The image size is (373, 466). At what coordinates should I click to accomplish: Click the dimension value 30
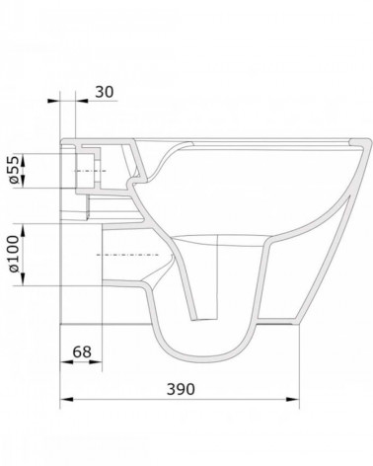pyautogui.click(x=105, y=92)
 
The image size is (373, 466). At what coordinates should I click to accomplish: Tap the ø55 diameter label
pyautogui.click(x=13, y=170)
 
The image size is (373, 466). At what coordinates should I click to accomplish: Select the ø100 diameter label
pyautogui.click(x=13, y=254)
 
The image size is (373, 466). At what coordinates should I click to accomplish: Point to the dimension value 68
pyautogui.click(x=82, y=351)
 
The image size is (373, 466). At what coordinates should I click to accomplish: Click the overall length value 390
pyautogui.click(x=181, y=389)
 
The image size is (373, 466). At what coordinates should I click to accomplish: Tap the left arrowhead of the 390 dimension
pyautogui.click(x=67, y=399)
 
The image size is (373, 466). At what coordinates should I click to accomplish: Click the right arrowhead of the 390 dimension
pyautogui.click(x=292, y=399)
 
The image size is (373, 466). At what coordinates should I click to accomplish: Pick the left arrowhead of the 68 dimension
pyautogui.click(x=67, y=362)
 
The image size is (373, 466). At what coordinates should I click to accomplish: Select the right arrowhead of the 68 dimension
pyautogui.click(x=96, y=362)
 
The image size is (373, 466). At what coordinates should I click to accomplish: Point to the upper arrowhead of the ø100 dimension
pyautogui.click(x=23, y=230)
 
